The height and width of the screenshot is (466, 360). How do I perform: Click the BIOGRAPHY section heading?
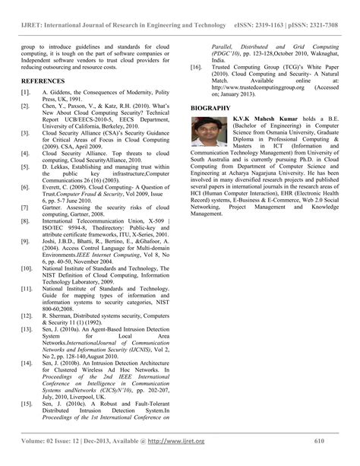click(x=210, y=109)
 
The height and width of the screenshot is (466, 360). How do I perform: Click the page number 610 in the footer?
click(x=319, y=441)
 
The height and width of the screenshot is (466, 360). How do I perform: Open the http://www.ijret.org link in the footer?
click(x=176, y=441)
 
